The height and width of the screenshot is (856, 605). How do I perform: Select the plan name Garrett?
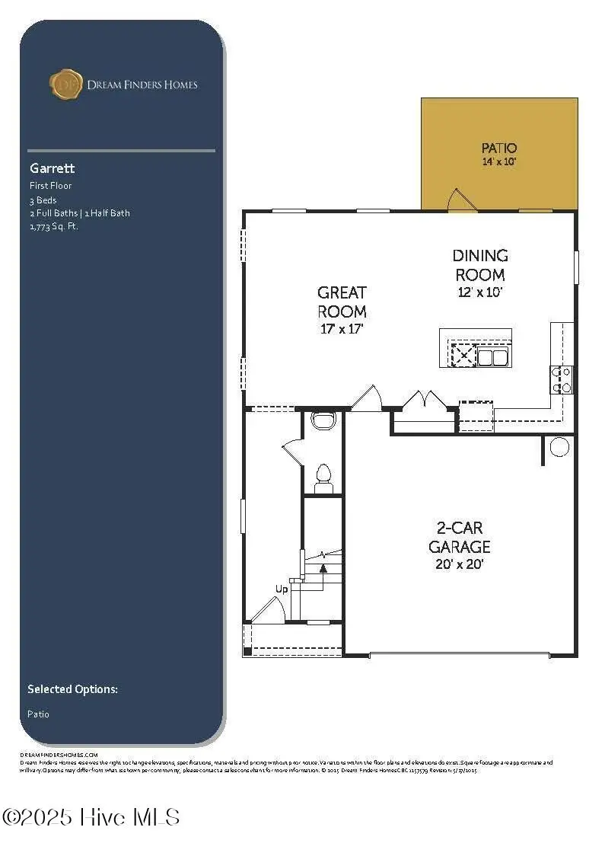click(x=53, y=168)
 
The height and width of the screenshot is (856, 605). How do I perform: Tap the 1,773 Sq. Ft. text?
click(x=54, y=226)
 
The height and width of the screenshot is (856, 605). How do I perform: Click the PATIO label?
click(x=499, y=148)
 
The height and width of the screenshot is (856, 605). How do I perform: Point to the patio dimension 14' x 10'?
click(x=499, y=162)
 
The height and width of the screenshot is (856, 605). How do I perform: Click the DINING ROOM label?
click(x=480, y=265)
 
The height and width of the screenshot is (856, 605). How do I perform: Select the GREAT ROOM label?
click(x=342, y=302)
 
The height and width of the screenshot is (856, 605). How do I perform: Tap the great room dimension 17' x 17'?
click(x=342, y=330)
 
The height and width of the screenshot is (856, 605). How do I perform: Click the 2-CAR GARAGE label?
click(x=459, y=537)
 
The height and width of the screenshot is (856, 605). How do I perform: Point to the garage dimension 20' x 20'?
click(x=459, y=564)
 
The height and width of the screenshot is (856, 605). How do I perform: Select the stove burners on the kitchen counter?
click(x=562, y=379)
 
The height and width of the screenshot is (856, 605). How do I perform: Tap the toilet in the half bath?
click(x=323, y=475)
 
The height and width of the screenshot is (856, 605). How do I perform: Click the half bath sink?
click(x=324, y=420)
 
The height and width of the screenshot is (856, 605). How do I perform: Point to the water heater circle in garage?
click(x=559, y=447)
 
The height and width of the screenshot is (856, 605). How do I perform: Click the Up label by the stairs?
click(x=282, y=589)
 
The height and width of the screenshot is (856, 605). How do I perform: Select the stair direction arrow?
click(x=323, y=567)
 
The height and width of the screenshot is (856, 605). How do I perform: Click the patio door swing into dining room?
click(x=461, y=201)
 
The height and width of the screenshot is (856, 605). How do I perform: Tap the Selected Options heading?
click(x=72, y=689)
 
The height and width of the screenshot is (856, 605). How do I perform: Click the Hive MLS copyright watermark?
click(x=91, y=818)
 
